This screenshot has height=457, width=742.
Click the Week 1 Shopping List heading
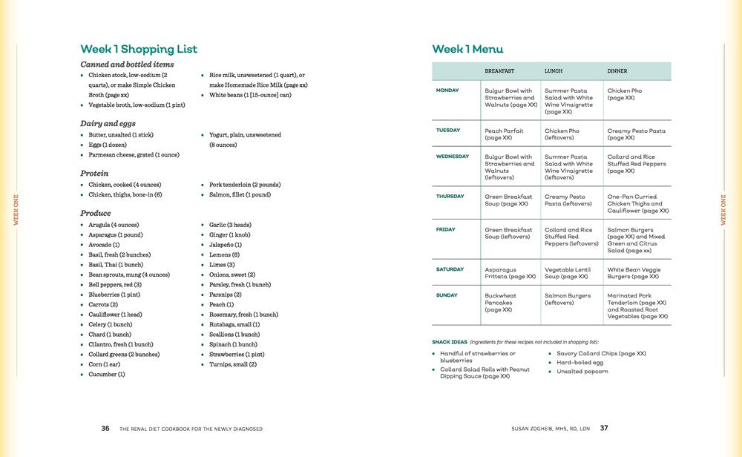pyautogui.click(x=139, y=49)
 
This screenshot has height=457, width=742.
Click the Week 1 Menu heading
pyautogui.click(x=467, y=49)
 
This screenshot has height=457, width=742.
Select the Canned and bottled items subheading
pyautogui.click(x=127, y=65)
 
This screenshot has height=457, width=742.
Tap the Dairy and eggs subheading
pyautogui.click(x=108, y=123)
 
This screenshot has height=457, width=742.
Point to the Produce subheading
pyautogui.click(x=95, y=213)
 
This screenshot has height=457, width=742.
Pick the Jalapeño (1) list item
pyautogui.click(x=226, y=245)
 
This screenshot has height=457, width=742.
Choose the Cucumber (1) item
pyautogui.click(x=106, y=375)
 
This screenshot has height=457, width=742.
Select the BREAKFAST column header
pyautogui.click(x=499, y=71)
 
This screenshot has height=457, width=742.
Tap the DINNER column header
pyautogui.click(x=617, y=71)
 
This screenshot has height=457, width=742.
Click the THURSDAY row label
pyautogui.click(x=450, y=197)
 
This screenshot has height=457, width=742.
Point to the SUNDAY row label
pyautogui.click(x=447, y=295)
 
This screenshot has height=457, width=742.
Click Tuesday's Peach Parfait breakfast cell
pyautogui.click(x=504, y=134)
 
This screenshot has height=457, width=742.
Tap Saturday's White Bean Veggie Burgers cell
pyautogui.click(x=634, y=273)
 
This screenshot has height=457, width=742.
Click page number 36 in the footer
pyautogui.click(x=105, y=428)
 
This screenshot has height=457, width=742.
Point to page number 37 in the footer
pyautogui.click(x=604, y=428)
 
